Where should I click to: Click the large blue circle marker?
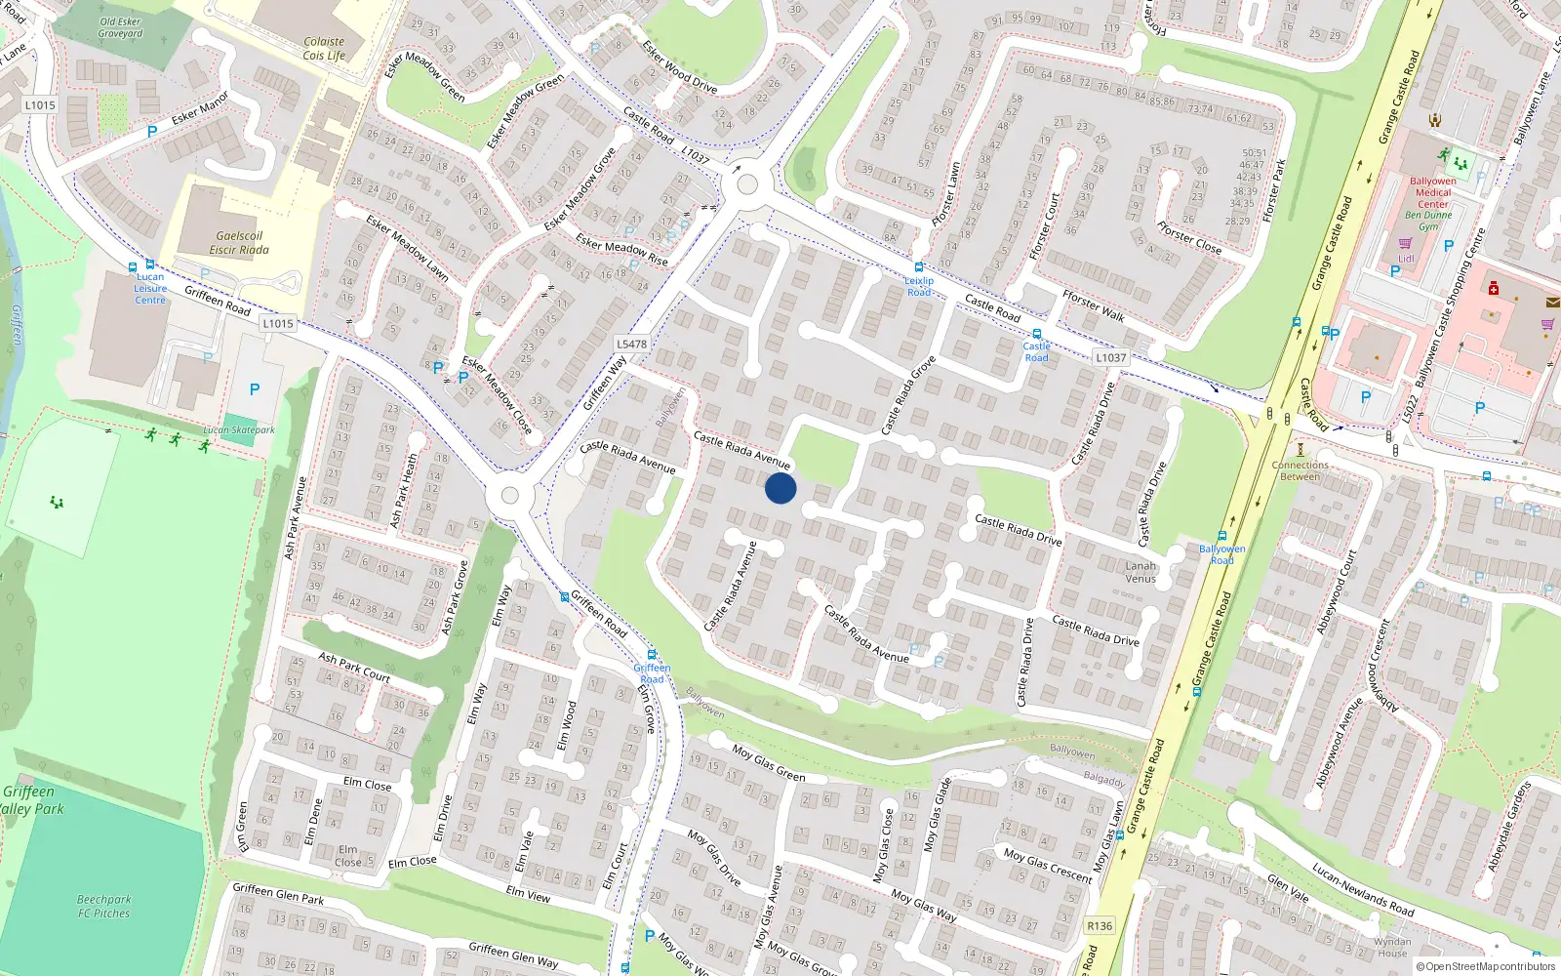780,488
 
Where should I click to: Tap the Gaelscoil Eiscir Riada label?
239,243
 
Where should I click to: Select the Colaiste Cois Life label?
324,49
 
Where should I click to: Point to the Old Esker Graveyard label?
120,27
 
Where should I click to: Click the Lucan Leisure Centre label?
150,289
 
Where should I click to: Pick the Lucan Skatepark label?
239,429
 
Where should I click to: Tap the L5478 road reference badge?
631,344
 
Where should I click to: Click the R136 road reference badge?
1100,926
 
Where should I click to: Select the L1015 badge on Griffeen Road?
277,323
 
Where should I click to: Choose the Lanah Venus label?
1141,572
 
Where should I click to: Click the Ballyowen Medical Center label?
1432,192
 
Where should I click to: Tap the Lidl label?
1406,259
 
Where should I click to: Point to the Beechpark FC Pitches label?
103,907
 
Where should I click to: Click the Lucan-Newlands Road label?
1363,889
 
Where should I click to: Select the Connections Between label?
1300,470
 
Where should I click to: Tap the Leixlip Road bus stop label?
919,286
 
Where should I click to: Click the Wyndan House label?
1392,948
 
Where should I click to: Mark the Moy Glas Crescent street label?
1048,866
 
